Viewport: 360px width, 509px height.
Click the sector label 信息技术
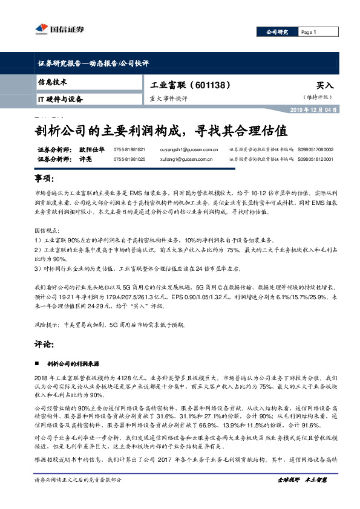click(x=53, y=82)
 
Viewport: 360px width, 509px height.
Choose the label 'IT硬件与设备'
click(x=61, y=99)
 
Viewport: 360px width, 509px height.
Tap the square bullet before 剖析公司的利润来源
click(x=37, y=365)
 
